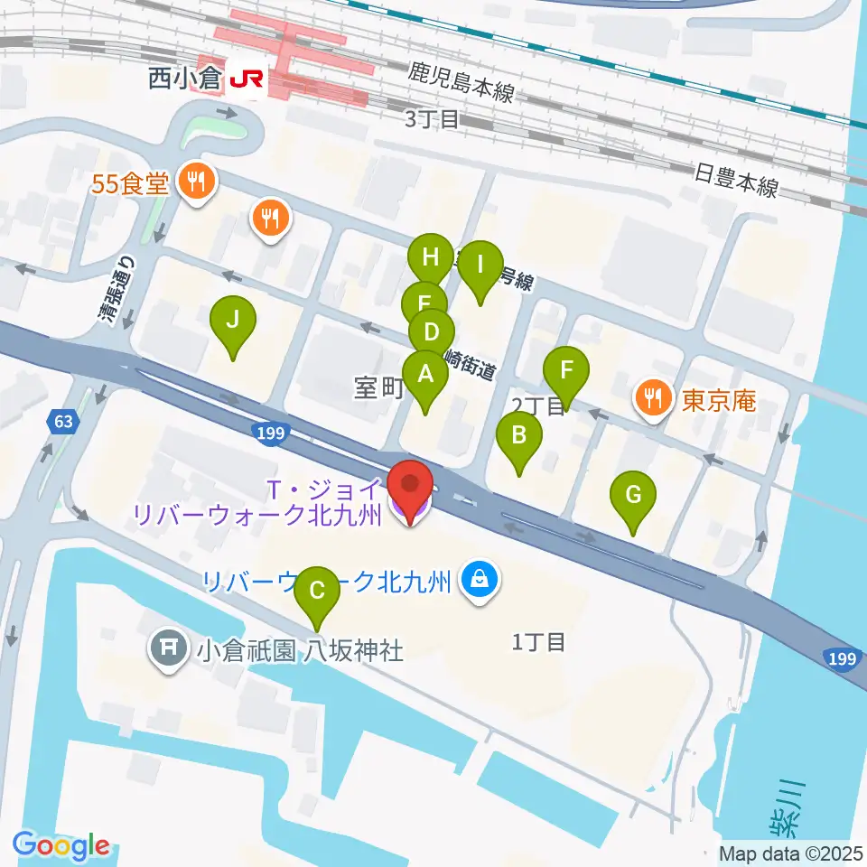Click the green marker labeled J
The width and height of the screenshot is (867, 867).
pos(233,322)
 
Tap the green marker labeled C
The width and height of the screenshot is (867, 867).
pos(317,592)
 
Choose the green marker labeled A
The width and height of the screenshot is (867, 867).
pos(424,374)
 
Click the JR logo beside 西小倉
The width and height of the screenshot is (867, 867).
pos(246,79)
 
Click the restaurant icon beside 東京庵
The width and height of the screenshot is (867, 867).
pos(652,396)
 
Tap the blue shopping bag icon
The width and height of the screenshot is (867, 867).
pos(476,581)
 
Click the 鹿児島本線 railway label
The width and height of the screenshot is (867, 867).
pos(461,82)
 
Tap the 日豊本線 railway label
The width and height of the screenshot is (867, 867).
pos(736,181)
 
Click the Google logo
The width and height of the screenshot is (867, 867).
pos(61,846)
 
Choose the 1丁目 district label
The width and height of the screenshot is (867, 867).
pos(539,642)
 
